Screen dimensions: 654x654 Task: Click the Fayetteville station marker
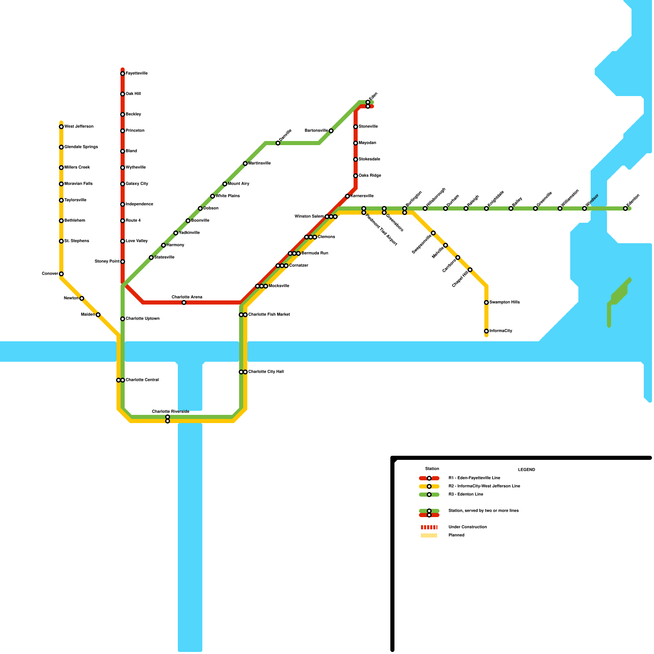pyautogui.click(x=123, y=74)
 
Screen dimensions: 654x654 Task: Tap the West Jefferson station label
pyautogui.click(x=79, y=127)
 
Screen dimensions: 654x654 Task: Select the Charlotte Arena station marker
pyautogui.click(x=184, y=302)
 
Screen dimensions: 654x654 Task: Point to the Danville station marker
pyautogui.click(x=278, y=143)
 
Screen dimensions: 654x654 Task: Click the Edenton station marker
pyautogui.click(x=625, y=208)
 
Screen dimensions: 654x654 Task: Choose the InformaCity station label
pyautogui.click(x=501, y=331)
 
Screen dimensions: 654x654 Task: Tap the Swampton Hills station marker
pyautogui.click(x=486, y=302)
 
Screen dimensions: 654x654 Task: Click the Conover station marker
pyautogui.click(x=61, y=274)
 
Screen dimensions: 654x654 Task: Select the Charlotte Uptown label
pyautogui.click(x=142, y=319)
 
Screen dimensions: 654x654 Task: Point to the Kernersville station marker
pyautogui.click(x=347, y=196)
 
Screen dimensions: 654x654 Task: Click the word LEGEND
pyautogui.click(x=526, y=470)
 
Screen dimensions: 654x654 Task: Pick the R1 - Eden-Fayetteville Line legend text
pyautogui.click(x=474, y=478)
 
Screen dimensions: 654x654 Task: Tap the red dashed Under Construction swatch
pyautogui.click(x=429, y=527)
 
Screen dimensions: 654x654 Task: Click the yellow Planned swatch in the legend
pyautogui.click(x=429, y=535)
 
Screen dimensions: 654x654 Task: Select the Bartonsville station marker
pyautogui.click(x=331, y=131)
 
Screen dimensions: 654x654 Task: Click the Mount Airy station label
pyautogui.click(x=238, y=184)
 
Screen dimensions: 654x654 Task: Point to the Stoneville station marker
pyautogui.click(x=356, y=127)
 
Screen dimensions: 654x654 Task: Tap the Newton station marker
pyautogui.click(x=82, y=298)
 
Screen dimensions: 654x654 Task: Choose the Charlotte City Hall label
pyautogui.click(x=266, y=372)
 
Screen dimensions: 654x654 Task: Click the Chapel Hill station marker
pyautogui.click(x=470, y=270)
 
